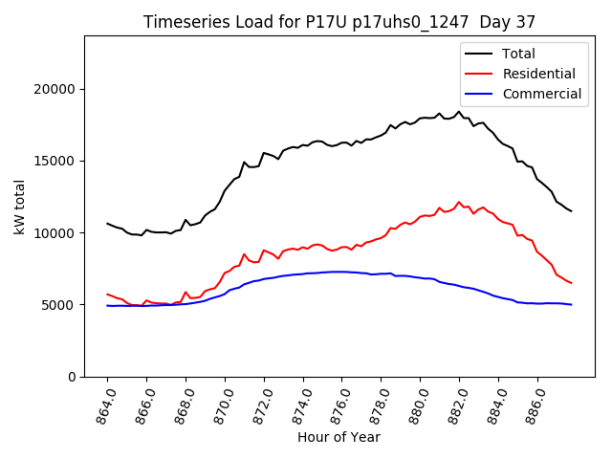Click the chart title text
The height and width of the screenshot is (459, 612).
[339, 22]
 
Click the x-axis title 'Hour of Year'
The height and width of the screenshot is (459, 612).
[339, 437]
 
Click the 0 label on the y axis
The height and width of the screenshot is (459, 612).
[72, 377]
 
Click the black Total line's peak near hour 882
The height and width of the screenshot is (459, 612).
[459, 112]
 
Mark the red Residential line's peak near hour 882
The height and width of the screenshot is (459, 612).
[459, 202]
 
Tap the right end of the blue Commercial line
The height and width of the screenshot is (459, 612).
[571, 304]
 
